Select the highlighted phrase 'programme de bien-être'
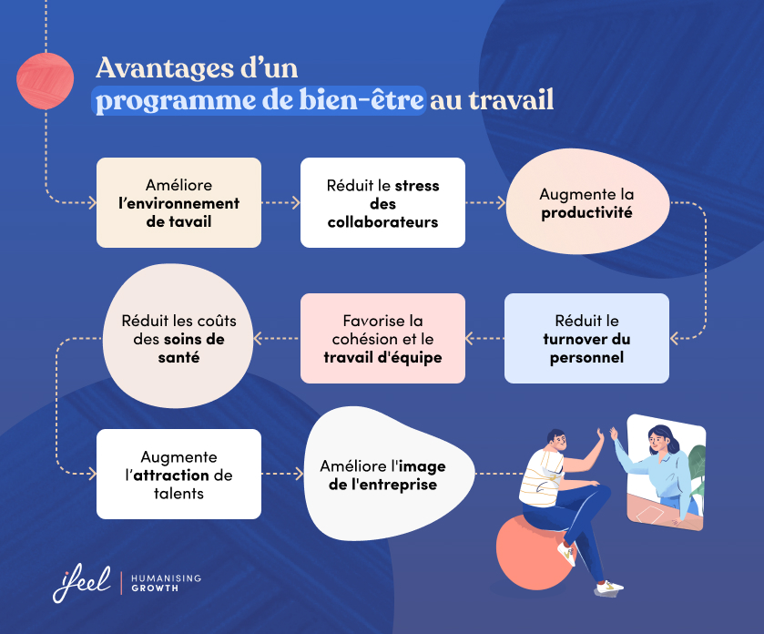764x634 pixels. pos(260,99)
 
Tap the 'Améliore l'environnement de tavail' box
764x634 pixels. pos(178,202)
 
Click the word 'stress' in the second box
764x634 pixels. pos(417,185)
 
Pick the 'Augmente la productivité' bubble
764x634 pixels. pos(586,203)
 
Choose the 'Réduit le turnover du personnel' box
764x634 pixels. pos(586,338)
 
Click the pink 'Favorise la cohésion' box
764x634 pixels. pos(382,338)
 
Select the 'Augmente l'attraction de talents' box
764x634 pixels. pos(178,474)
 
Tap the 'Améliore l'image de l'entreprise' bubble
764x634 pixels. pos(382,474)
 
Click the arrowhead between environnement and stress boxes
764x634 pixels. pos(296,202)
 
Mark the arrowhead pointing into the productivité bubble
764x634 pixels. pos(500,202)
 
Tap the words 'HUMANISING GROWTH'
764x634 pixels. pos(165,583)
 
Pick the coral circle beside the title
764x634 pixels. pos(45,81)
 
